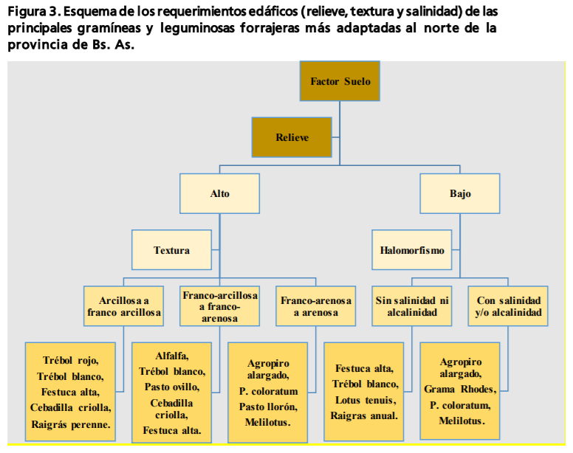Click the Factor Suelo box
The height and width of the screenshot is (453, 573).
(x=340, y=81)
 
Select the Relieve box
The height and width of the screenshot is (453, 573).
(x=292, y=137)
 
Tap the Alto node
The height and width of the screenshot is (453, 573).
(x=220, y=194)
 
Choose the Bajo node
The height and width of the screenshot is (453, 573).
(x=459, y=194)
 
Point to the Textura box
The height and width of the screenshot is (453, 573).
(x=171, y=250)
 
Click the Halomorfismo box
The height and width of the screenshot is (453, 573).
(x=412, y=250)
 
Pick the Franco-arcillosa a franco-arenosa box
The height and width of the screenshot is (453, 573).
(x=219, y=306)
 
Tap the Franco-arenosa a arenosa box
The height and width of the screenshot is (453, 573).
(x=315, y=306)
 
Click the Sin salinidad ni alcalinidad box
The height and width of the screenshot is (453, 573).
(x=412, y=306)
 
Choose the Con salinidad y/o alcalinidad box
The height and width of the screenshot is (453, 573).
(x=508, y=306)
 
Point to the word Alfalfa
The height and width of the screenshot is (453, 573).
(x=171, y=355)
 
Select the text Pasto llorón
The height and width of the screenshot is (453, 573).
(x=267, y=407)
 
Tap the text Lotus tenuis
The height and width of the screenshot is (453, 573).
(x=364, y=400)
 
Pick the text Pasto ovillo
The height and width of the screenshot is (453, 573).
(x=171, y=387)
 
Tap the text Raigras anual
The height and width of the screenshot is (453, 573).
(x=364, y=415)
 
